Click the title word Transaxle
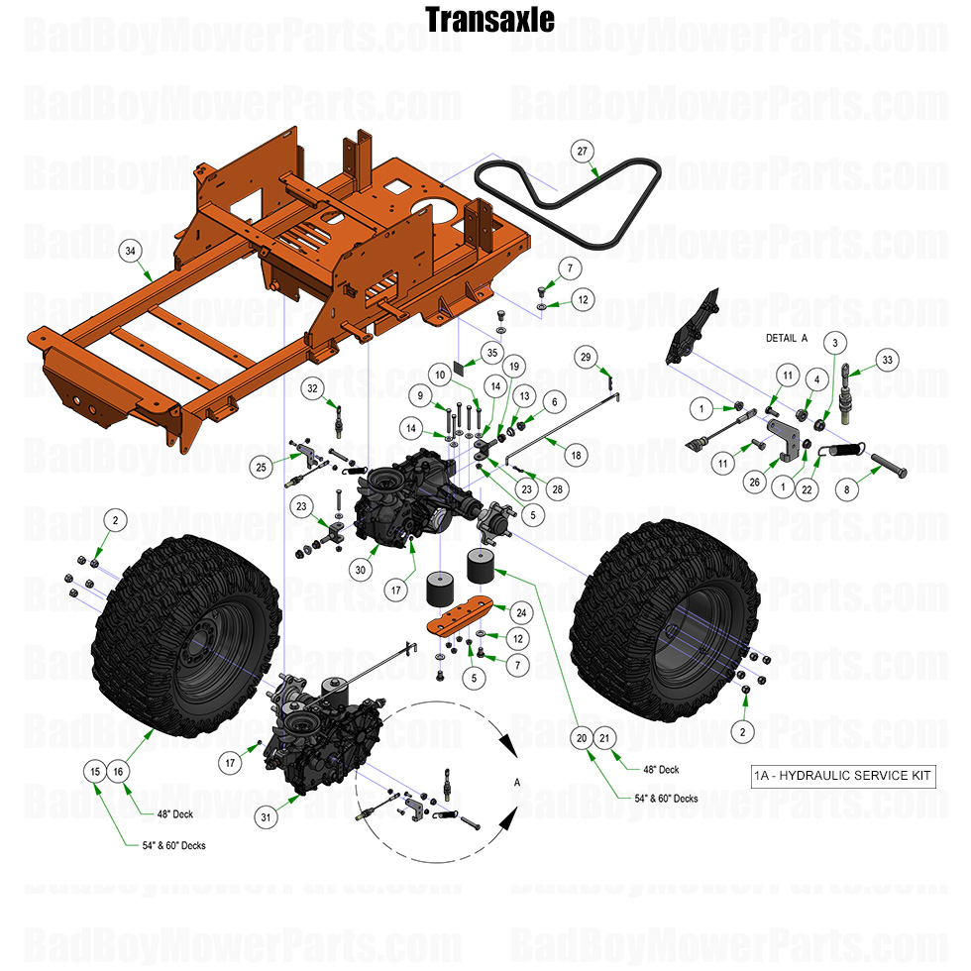(489, 19)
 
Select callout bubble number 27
(583, 150)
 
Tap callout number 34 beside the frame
(130, 251)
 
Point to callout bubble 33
(887, 358)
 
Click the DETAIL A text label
(788, 338)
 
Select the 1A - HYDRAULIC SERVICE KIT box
(842, 776)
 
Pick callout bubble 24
(519, 610)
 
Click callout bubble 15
(95, 771)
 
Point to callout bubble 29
(585, 356)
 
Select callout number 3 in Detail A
(835, 343)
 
